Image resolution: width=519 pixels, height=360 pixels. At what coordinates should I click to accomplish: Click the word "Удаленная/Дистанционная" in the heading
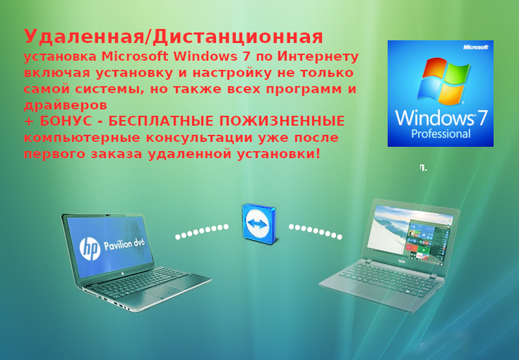click(173, 37)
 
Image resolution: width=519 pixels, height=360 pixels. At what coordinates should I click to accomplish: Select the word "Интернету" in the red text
click(318, 56)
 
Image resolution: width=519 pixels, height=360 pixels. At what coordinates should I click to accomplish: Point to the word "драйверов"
click(66, 105)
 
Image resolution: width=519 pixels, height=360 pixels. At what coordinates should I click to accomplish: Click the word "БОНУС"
click(66, 121)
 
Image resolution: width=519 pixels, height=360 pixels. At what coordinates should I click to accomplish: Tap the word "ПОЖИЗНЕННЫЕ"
click(282, 121)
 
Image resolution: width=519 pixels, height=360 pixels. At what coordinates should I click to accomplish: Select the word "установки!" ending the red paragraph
click(279, 154)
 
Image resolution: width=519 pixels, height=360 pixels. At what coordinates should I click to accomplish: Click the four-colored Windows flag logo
click(443, 80)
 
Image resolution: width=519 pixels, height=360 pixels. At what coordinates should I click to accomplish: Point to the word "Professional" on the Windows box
click(441, 134)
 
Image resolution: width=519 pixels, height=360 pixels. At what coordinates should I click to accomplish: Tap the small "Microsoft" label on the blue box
click(476, 47)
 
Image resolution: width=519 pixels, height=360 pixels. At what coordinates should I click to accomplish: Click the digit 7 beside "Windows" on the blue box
click(482, 117)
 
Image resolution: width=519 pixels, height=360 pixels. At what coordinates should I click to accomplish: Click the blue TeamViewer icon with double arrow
click(258, 224)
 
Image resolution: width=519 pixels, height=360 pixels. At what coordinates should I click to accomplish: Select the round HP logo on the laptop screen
click(90, 248)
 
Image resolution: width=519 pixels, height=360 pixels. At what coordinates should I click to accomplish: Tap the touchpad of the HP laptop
click(163, 293)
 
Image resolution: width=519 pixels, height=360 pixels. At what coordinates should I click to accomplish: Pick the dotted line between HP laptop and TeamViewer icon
click(202, 232)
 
